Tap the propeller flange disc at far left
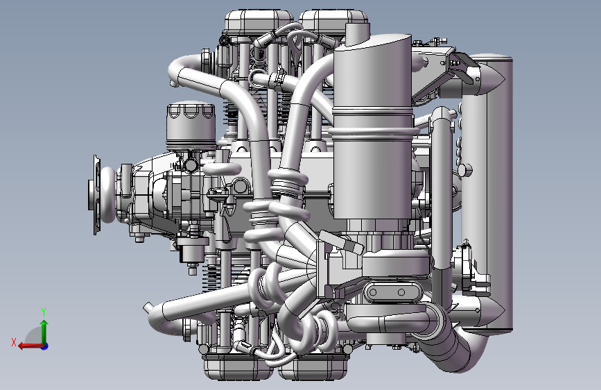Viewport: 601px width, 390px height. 96,195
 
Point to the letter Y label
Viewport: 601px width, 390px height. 44,312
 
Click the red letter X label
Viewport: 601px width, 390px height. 14,342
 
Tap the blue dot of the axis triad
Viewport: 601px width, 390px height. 45,346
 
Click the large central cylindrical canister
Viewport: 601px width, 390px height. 372,130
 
